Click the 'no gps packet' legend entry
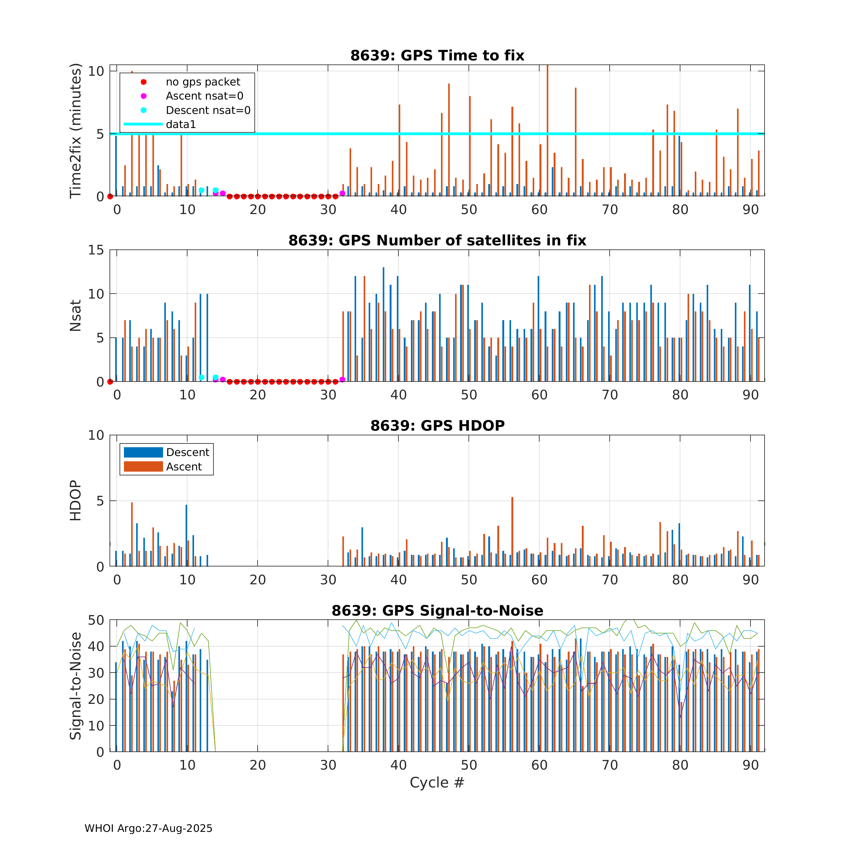click(202, 82)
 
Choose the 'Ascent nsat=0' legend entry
click(204, 96)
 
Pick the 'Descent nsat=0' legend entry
click(208, 110)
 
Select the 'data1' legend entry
click(181, 124)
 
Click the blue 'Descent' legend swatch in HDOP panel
click(143, 452)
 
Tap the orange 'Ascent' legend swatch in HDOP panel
click(143, 467)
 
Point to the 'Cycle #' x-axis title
click(437, 782)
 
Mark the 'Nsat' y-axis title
click(76, 315)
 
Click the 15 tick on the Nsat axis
click(96, 250)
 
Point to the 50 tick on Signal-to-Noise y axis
click(96, 620)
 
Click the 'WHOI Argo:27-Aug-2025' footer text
click(148, 828)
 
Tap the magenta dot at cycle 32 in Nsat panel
click(342, 380)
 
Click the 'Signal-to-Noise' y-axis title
click(76, 686)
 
